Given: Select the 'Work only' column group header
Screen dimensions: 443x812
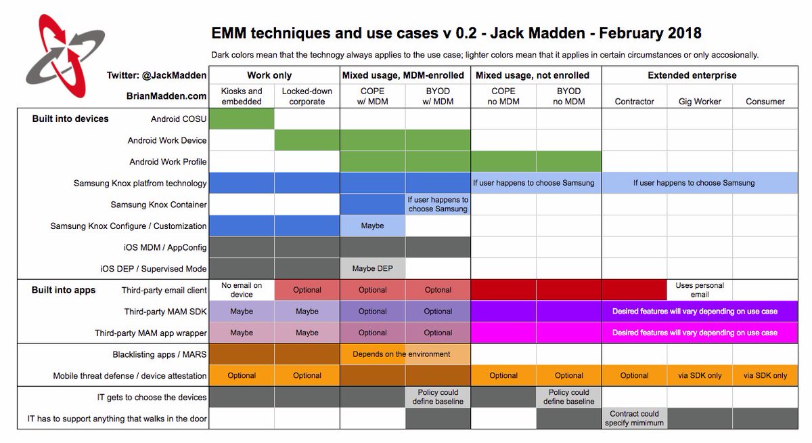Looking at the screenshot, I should tap(269, 75).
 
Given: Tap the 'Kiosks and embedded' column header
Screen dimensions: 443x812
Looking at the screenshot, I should tap(242, 96).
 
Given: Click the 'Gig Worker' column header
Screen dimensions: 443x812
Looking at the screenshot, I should tap(700, 102).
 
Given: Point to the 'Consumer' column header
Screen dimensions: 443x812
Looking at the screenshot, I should tap(765, 102).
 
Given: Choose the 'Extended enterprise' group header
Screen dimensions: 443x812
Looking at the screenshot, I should tap(692, 75).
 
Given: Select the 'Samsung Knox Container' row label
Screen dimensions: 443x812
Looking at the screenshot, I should tap(158, 205).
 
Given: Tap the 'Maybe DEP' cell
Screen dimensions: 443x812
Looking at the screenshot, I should tap(372, 269).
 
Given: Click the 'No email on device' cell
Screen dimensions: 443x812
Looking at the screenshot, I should tap(242, 290).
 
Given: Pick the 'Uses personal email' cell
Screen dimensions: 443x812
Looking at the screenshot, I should tap(700, 290).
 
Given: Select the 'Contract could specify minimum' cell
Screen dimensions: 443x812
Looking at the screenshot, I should tap(634, 419).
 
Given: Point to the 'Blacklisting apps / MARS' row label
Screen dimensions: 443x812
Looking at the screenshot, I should tap(160, 354).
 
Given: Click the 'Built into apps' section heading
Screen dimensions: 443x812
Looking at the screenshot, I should tap(64, 290).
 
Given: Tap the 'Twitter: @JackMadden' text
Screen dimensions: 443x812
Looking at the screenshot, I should tap(156, 75).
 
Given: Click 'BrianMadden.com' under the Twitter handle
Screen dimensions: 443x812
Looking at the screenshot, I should tap(166, 97).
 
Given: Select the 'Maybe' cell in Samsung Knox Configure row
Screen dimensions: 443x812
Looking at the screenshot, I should tap(372, 226).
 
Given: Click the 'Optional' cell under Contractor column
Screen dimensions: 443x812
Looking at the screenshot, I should tap(634, 376).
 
